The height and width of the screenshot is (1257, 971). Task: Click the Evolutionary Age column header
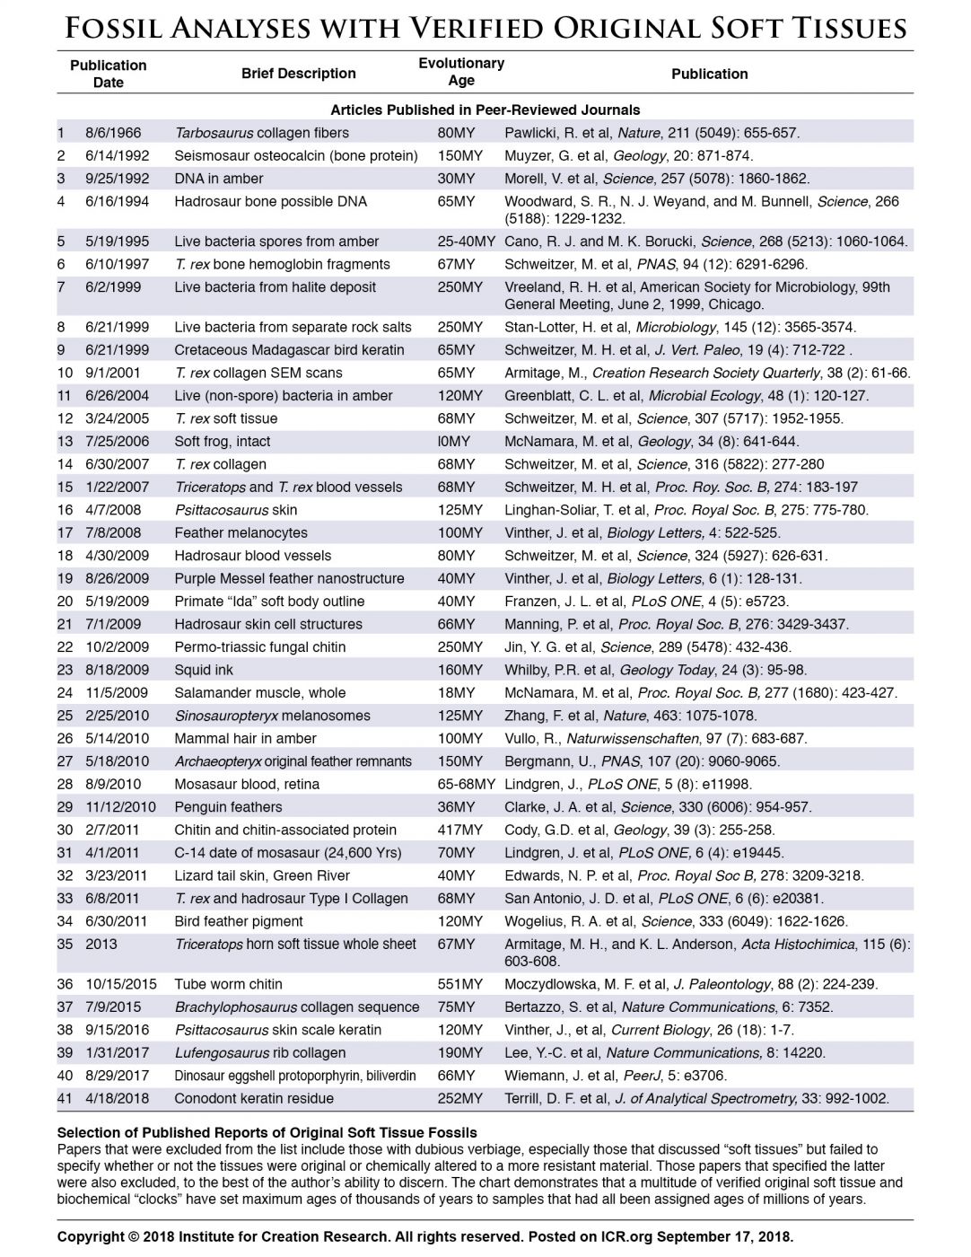point(461,72)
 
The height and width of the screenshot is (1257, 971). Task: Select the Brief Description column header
point(298,74)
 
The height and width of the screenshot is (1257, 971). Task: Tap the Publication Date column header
point(108,74)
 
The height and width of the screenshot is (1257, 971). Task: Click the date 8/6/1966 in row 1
point(113,133)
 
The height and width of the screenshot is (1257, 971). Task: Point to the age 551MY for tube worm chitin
point(459,984)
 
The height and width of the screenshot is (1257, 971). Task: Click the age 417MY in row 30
point(459,830)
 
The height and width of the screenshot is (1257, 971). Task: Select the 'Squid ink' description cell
point(204,670)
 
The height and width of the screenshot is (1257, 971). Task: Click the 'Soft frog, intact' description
point(222,442)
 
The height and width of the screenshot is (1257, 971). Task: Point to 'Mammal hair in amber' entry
point(245,739)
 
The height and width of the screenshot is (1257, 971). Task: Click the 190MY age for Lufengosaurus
point(459,1052)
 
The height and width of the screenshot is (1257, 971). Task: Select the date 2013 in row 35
point(101,944)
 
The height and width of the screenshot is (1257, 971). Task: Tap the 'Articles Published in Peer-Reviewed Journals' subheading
point(485,110)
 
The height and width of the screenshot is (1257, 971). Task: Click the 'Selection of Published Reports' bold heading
point(267,1133)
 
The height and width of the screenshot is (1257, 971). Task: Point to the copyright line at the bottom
point(424,1236)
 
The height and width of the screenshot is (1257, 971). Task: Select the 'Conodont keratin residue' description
point(253,1098)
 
